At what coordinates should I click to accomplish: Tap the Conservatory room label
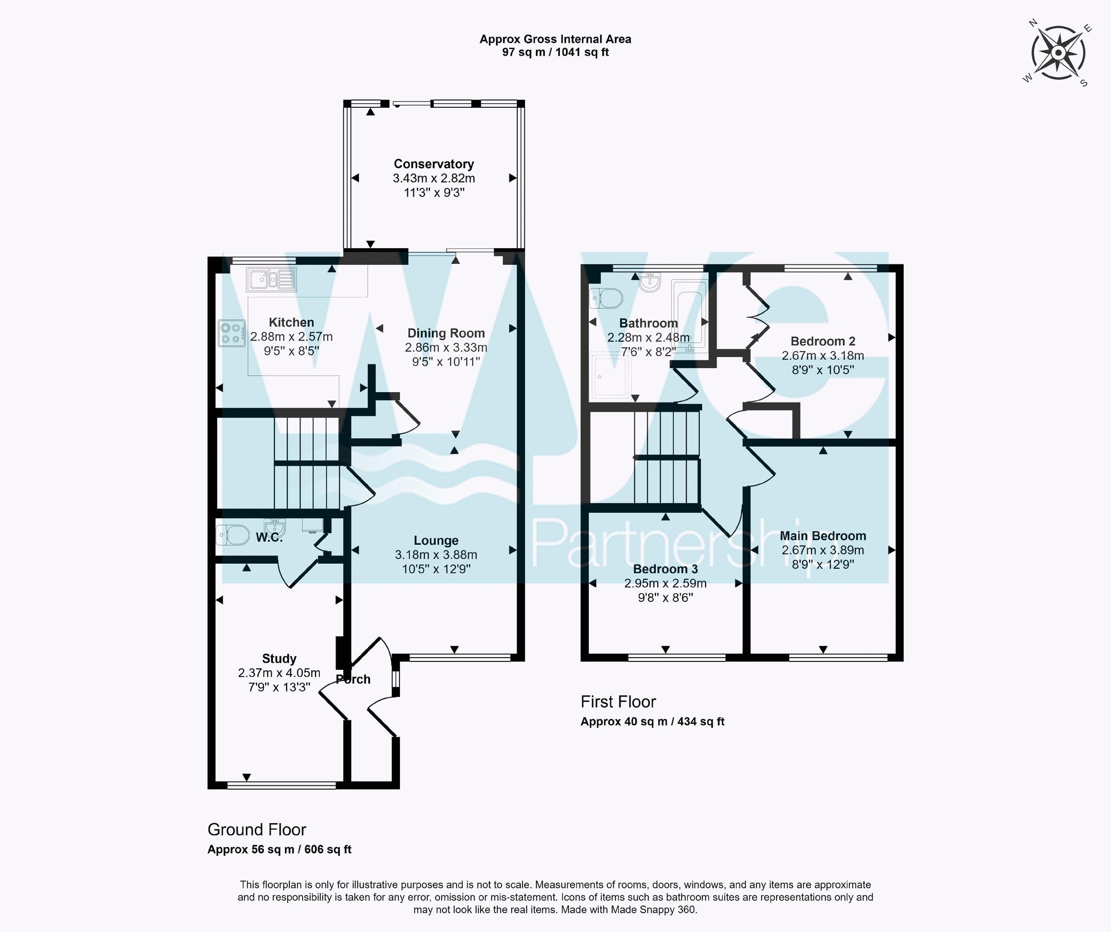pos(434,164)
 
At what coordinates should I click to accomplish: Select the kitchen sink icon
pos(272,279)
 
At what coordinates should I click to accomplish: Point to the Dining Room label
pos(446,333)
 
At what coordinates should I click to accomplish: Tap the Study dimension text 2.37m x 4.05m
pos(279,673)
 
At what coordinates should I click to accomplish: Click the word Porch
pos(353,679)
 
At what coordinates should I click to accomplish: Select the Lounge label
pos(436,540)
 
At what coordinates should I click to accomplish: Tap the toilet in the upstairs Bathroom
pos(605,298)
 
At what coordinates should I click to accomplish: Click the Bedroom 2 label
pos(823,341)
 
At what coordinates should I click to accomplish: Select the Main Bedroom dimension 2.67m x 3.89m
pos(823,550)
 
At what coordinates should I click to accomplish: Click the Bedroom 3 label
pos(665,569)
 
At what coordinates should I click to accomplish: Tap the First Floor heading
pos(618,701)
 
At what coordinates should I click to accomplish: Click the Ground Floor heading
pos(257,829)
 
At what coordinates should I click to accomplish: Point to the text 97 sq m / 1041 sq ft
pos(555,53)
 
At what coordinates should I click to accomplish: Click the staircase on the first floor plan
pos(667,455)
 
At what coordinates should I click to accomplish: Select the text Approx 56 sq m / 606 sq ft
pos(279,849)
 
